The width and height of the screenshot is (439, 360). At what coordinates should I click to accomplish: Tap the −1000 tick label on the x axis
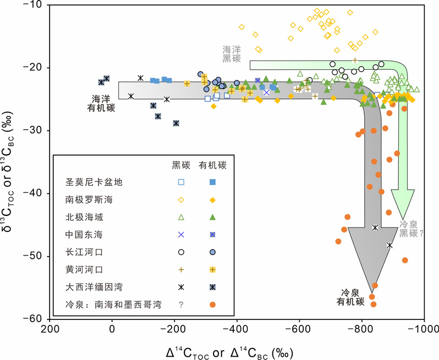click(x=424, y=330)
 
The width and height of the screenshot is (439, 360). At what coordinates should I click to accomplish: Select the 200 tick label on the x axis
click(x=50, y=330)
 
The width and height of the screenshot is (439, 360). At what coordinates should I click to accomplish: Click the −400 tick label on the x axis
click(x=237, y=330)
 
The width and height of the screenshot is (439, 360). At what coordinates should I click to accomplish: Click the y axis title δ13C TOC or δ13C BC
click(x=10, y=162)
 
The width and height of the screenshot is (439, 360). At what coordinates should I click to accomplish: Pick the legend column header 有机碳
click(x=212, y=164)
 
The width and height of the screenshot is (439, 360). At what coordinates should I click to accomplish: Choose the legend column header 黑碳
click(x=181, y=164)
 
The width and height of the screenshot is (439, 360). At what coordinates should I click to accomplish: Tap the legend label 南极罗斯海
click(x=85, y=200)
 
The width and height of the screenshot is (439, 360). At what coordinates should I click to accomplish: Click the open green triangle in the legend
click(x=181, y=217)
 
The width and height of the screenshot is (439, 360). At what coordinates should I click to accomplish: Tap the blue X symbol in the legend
click(x=181, y=235)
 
